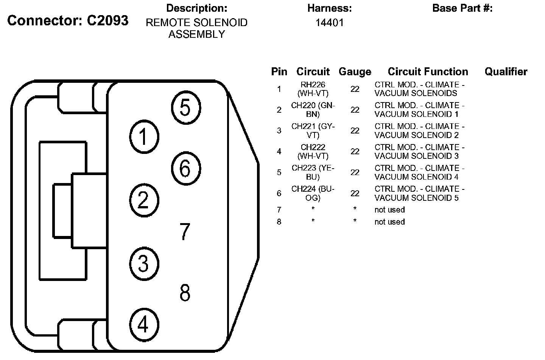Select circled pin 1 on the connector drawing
143,137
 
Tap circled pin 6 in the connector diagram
185,168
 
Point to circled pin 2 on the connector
143,200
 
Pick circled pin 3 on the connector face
143,263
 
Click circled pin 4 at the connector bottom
143,324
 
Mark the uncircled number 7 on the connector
185,231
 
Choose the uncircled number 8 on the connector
185,293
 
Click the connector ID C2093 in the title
107,20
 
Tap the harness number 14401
330,23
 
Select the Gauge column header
355,72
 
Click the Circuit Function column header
428,72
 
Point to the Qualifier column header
506,72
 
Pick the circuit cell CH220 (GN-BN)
313,110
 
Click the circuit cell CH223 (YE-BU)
313,172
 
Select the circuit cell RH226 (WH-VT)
313,89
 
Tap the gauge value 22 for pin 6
355,193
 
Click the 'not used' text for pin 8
389,222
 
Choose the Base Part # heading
462,8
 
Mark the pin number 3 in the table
279,131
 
